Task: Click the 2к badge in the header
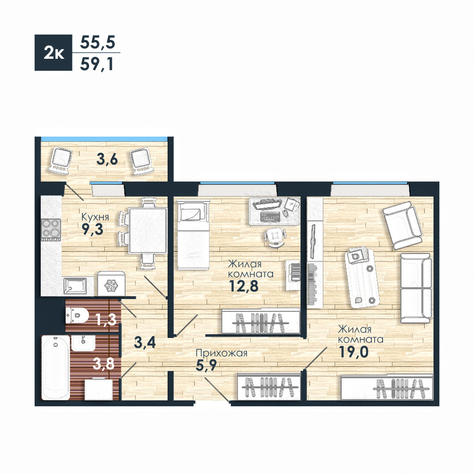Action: [x=53, y=53]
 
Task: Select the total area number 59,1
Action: [x=97, y=64]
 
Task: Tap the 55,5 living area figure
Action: [x=97, y=42]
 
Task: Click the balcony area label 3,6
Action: [x=107, y=159]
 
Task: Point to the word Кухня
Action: [x=95, y=217]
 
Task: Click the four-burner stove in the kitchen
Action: [x=51, y=230]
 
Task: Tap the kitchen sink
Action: [x=75, y=286]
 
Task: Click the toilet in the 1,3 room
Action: [x=77, y=316]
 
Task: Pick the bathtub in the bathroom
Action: [x=55, y=367]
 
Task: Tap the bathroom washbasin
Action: [x=83, y=343]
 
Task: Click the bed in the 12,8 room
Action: [x=193, y=235]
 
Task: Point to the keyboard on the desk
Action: [x=270, y=217]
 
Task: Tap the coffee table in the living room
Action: [x=362, y=277]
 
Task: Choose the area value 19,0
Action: [x=354, y=352]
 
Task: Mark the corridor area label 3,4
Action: [x=145, y=342]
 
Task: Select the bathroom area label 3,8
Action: [x=104, y=364]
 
